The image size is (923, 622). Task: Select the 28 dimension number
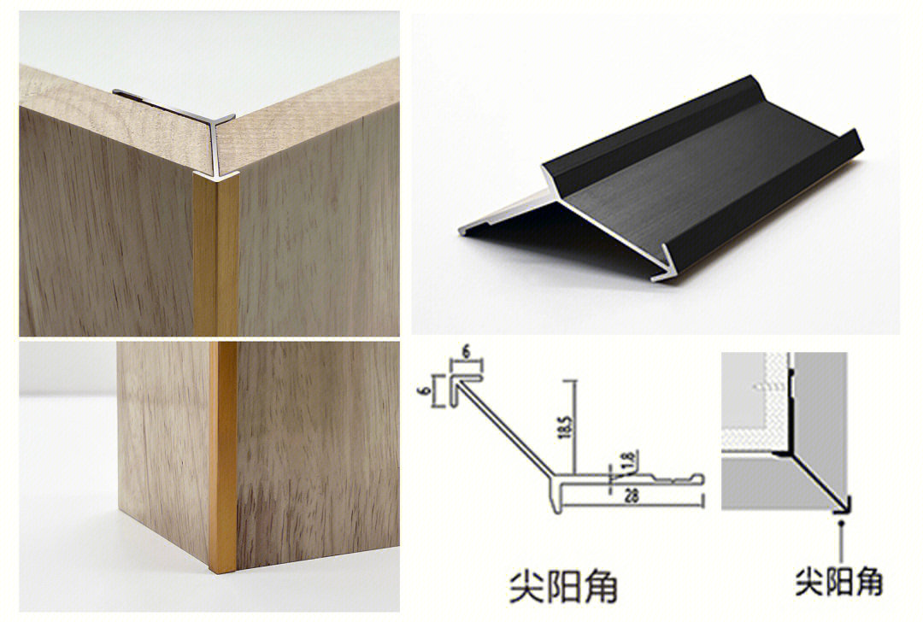631,497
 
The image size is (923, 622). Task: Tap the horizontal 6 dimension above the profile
466,352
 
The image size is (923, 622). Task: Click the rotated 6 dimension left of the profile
438,389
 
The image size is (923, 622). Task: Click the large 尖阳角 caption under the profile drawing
562,586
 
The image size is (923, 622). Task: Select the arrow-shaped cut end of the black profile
669,261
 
